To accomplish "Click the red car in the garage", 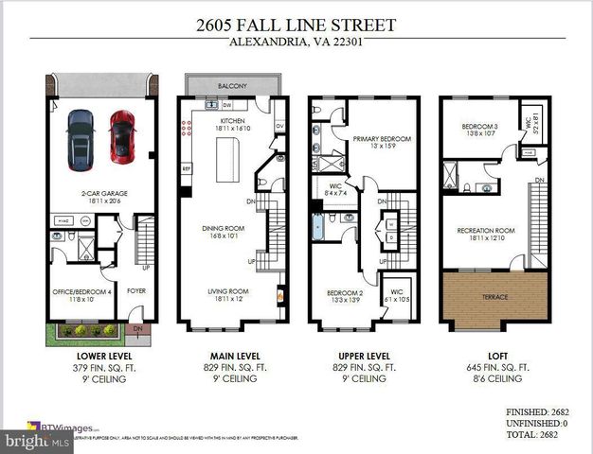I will pos(120,135).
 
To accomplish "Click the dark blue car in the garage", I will pos(81,137).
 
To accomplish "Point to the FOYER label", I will pos(136,291).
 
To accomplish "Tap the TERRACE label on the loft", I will pos(494,297).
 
